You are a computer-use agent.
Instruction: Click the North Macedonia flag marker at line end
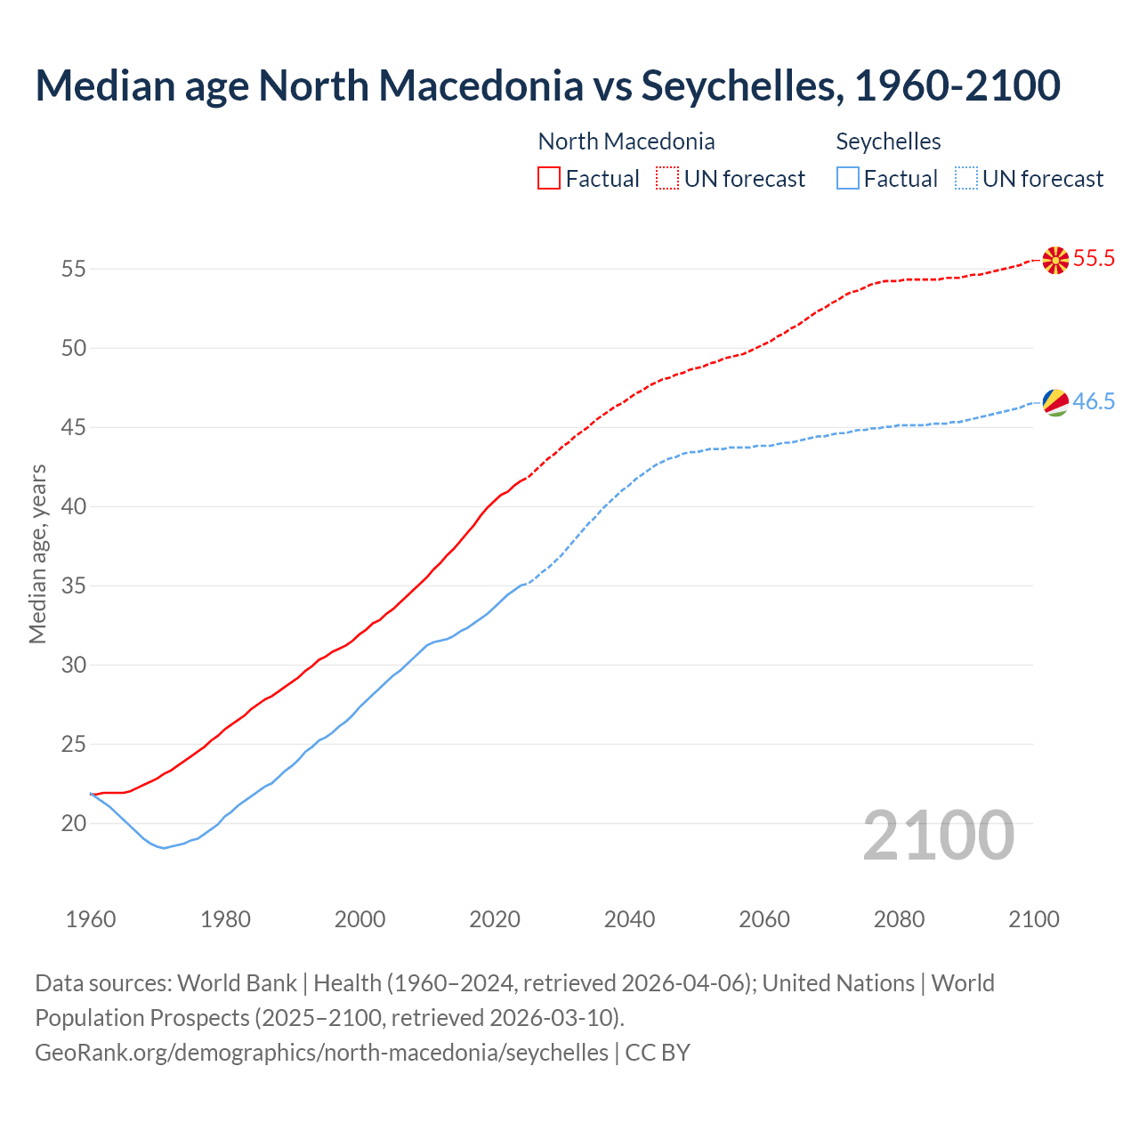(1055, 260)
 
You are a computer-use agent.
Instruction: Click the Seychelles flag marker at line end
(1055, 402)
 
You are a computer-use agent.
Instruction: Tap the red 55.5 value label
(1094, 259)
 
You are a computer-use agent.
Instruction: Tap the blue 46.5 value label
(1094, 401)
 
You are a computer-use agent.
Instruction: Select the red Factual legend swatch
(549, 179)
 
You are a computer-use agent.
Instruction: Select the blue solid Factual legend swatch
(848, 179)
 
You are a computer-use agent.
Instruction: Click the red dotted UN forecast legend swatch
(667, 179)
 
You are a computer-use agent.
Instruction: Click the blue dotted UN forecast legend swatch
(966, 179)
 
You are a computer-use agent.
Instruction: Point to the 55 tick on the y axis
(74, 269)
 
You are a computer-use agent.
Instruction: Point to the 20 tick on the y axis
(74, 824)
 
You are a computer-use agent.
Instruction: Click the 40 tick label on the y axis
(74, 507)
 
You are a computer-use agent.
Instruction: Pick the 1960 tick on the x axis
(91, 919)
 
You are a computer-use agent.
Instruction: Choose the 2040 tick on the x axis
(630, 919)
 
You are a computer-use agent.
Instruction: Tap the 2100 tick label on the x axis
(1034, 919)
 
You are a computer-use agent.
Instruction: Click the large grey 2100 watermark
(939, 835)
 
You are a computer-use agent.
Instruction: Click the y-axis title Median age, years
(37, 553)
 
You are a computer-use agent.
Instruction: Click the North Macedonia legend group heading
(626, 141)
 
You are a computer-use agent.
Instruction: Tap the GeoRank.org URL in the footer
(321, 1053)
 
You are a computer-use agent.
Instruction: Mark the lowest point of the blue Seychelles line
(164, 848)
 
